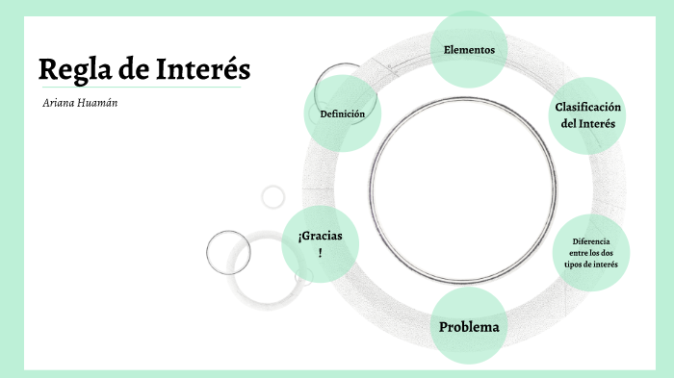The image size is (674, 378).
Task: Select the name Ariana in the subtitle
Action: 59,102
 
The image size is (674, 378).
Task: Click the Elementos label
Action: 469,49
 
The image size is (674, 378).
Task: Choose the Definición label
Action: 342,113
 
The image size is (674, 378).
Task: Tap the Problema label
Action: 469,327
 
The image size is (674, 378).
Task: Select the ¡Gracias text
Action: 320,236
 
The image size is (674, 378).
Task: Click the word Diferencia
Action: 591,240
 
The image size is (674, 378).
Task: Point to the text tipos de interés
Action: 591,264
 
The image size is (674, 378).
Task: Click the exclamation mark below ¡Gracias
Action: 320,252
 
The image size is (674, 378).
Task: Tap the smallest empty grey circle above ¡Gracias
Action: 273,196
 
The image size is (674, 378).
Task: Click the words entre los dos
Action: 591,252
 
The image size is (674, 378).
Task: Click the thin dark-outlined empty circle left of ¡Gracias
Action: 228,253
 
